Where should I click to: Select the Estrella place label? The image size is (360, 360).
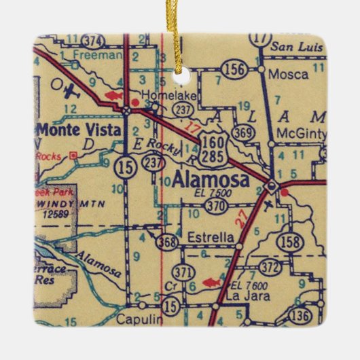click(213, 238)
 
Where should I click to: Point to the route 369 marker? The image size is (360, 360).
click(242, 134)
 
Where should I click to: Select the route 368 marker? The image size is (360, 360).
click(167, 241)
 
